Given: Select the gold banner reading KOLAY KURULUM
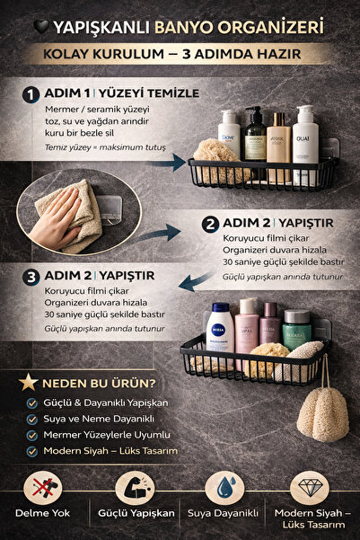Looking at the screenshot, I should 180,55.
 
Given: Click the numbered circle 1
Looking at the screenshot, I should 31,94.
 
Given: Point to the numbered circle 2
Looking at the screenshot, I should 210,224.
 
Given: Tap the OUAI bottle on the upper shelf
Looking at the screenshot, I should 305,132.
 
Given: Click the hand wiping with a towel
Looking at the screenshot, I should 68,212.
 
